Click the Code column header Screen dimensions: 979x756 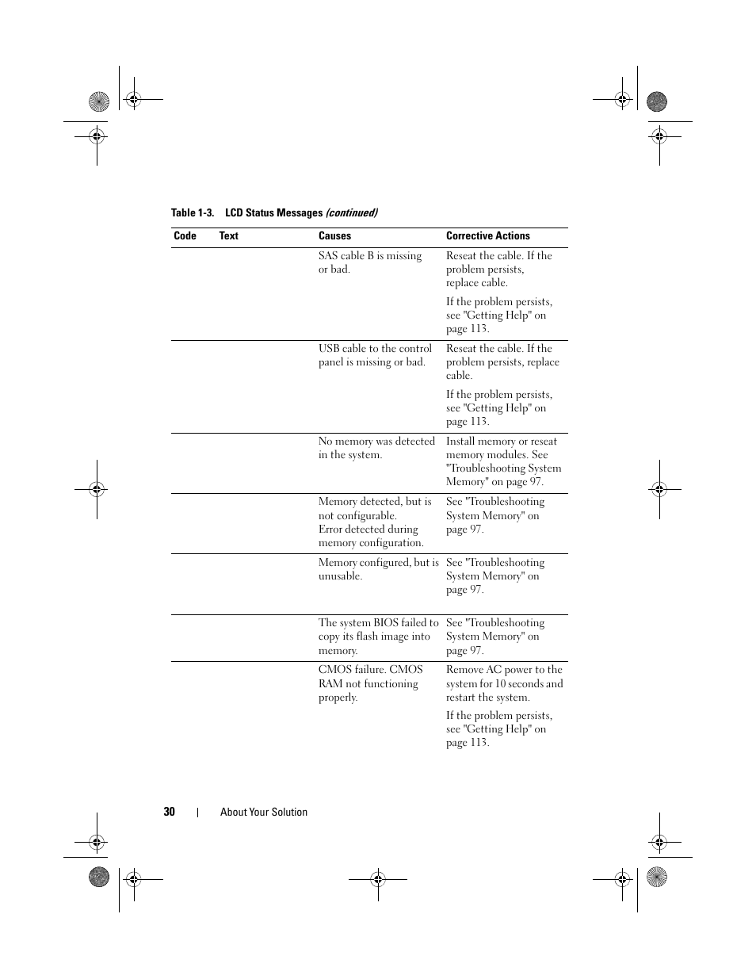pos(185,236)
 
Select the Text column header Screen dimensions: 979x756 pos(228,236)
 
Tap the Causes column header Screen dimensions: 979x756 pos(334,236)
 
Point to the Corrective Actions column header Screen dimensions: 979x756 pos(487,236)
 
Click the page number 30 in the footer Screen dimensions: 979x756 pos(170,812)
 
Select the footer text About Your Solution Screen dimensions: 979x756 pos(263,813)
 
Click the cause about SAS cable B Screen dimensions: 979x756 pos(369,262)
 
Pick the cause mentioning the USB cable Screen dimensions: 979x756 pos(375,355)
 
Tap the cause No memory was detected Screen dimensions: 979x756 pos(376,448)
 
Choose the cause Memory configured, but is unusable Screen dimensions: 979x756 pos(378,569)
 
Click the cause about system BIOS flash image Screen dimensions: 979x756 pos(378,637)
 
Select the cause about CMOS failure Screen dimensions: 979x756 pos(370,683)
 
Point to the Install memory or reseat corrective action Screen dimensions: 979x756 pos(503,461)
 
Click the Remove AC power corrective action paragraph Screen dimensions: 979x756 pos(504,683)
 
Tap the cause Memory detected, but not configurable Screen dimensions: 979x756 pos(375,522)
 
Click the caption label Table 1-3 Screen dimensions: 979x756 pos(193,213)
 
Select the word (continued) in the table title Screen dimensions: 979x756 pos(352,213)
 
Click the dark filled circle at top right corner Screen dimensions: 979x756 pos(657,101)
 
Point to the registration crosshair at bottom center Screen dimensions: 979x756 pos(378,878)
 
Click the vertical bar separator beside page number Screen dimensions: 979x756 pos(197,812)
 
